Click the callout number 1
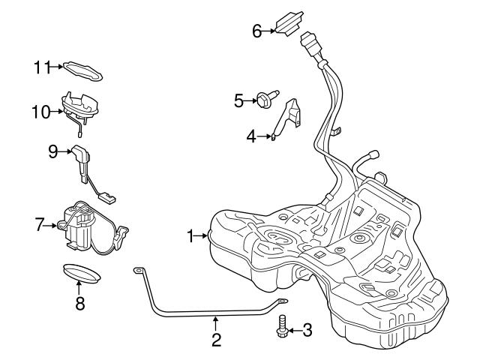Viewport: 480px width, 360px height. [x=190, y=235]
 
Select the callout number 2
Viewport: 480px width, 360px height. [x=216, y=340]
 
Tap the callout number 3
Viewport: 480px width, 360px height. [x=307, y=329]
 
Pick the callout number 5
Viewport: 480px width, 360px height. [x=238, y=99]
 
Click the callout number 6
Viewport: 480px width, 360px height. [x=256, y=31]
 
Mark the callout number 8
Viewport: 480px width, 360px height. [x=79, y=303]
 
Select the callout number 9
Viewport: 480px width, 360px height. [x=53, y=151]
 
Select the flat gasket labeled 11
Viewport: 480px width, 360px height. [x=82, y=70]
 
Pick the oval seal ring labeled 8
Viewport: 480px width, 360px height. [x=80, y=271]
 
